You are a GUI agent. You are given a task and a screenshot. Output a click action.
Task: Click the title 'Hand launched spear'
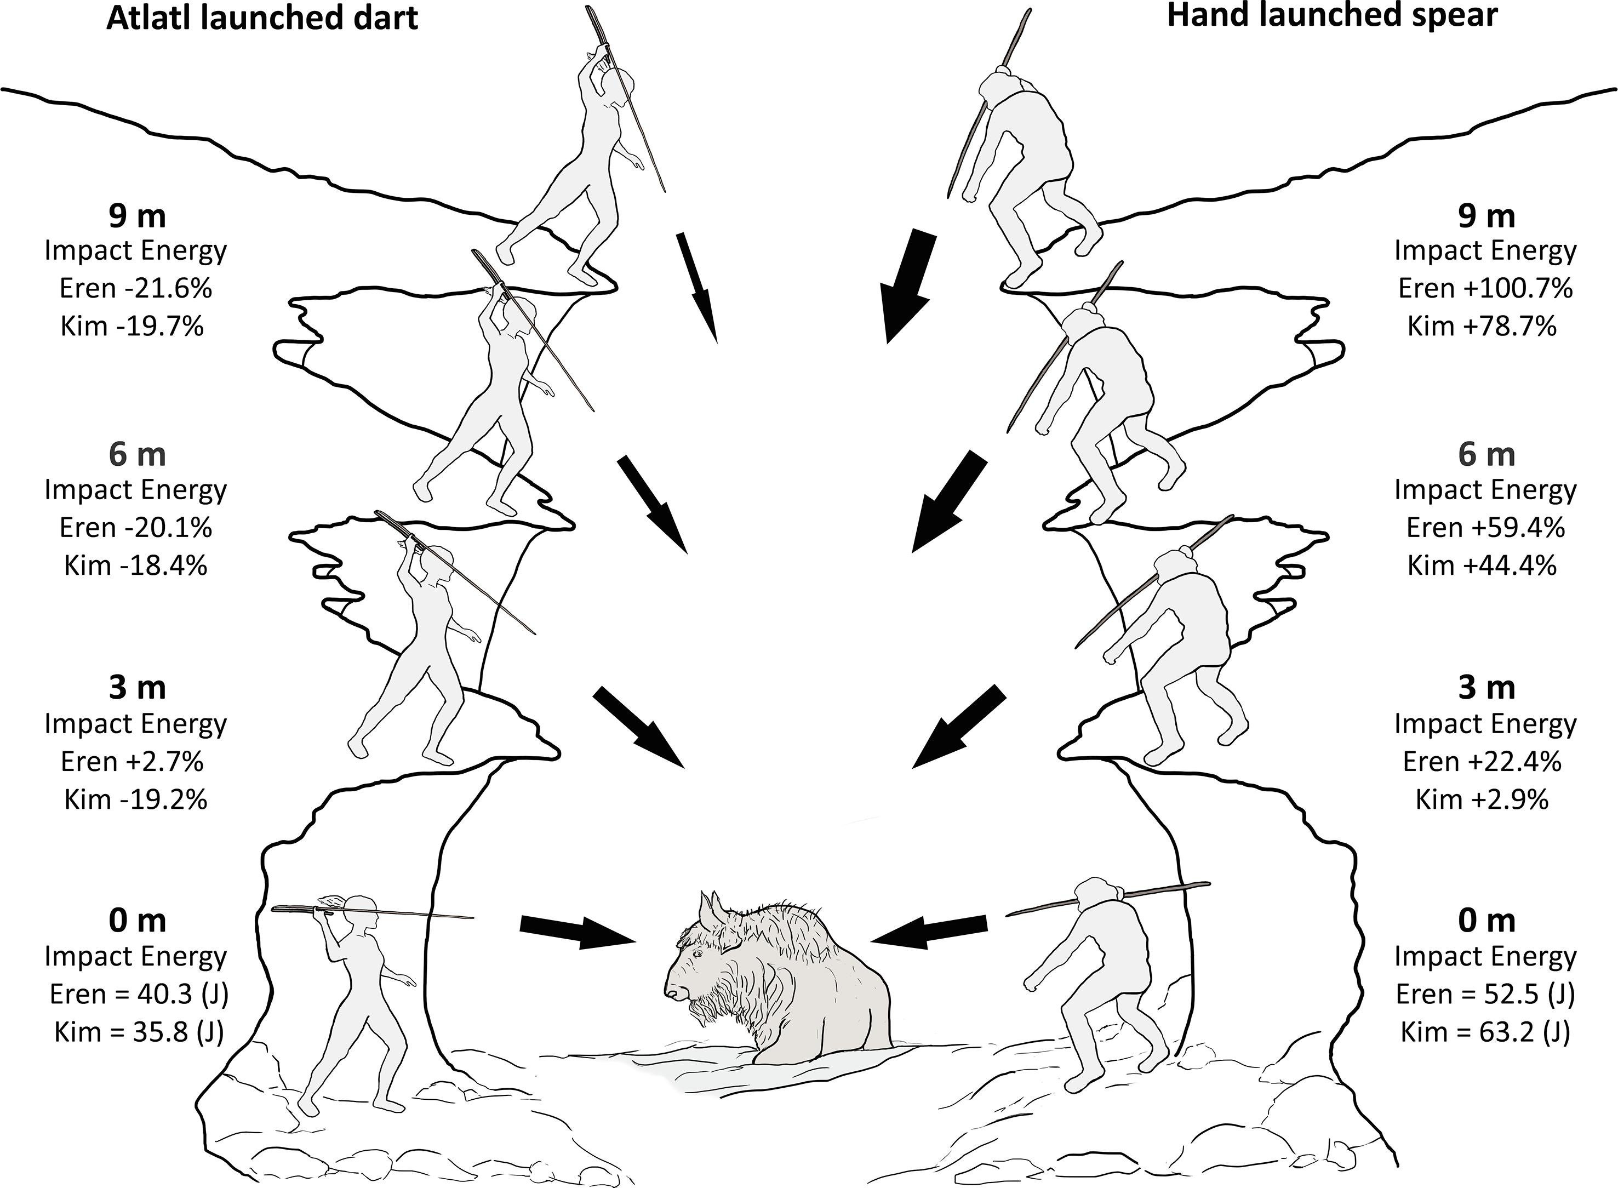click(x=1332, y=16)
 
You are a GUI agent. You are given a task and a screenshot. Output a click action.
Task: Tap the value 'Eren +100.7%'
click(x=1485, y=288)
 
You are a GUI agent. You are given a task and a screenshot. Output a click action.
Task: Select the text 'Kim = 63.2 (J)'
click(x=1485, y=1032)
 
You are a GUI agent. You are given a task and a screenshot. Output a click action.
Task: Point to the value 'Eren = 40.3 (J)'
click(x=139, y=995)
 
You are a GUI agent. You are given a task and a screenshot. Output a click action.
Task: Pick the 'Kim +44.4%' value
click(x=1482, y=566)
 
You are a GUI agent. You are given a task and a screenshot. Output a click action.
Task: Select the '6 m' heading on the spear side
click(x=1486, y=454)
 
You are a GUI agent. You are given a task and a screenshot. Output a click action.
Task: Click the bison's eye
click(x=697, y=953)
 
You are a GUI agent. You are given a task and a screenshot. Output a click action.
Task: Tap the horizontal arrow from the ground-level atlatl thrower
click(x=580, y=931)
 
